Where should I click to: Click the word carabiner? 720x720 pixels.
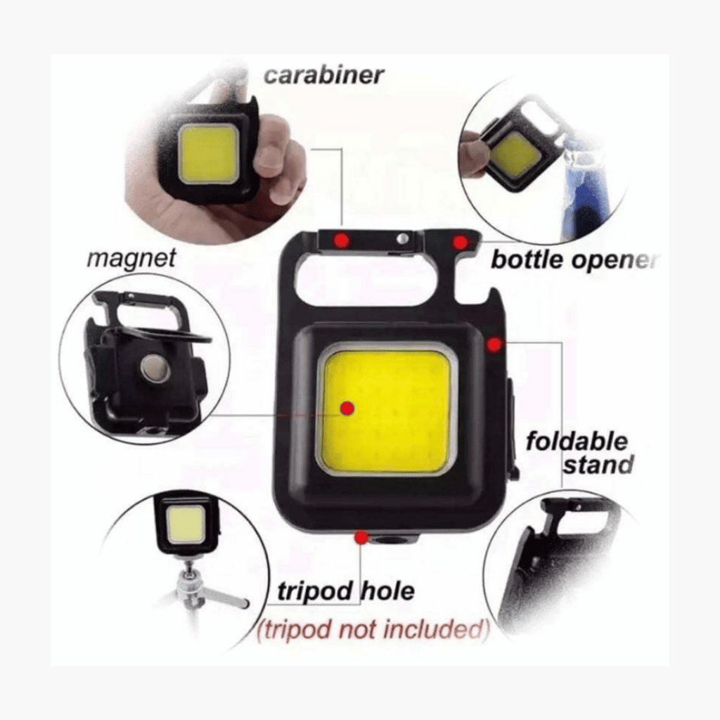pos(324,75)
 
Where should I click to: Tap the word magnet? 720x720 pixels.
pos(131,259)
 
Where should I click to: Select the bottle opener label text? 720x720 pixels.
pos(574,260)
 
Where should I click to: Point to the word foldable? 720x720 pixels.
pos(576,442)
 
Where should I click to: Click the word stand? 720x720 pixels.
pos(598,465)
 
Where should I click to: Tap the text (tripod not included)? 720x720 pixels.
pos(373,629)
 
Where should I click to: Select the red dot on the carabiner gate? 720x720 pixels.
pos(342,240)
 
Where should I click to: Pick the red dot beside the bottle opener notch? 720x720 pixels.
pos(460,243)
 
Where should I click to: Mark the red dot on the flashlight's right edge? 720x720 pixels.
pos(494,345)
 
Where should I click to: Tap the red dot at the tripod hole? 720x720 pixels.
pos(361,538)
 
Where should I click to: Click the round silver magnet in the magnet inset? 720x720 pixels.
pos(154,368)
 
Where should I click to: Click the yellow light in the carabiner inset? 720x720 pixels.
pos(207,154)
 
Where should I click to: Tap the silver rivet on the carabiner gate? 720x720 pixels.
pos(401,239)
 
